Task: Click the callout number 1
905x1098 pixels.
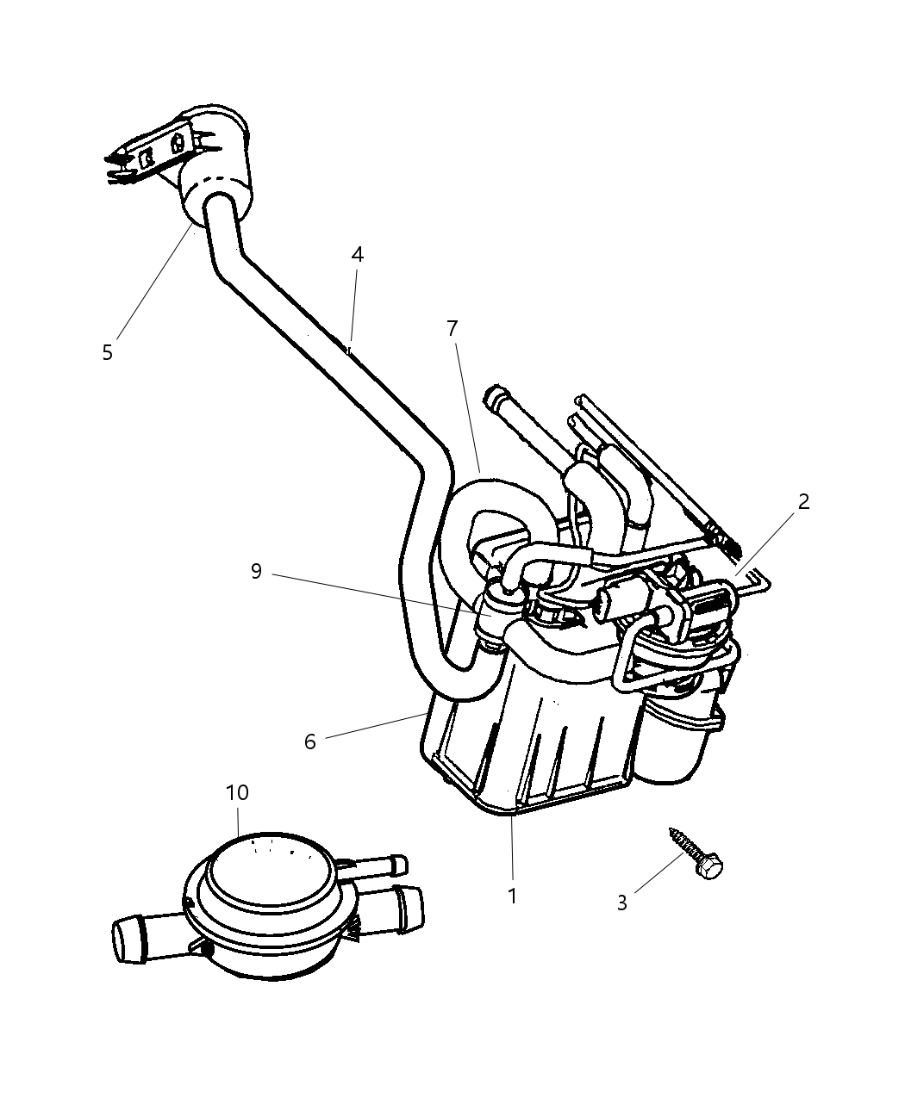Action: [512, 896]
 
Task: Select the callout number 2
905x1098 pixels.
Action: [803, 501]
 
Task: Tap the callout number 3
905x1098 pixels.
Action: [621, 903]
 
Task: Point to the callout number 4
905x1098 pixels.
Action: [357, 254]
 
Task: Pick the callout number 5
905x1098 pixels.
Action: [107, 352]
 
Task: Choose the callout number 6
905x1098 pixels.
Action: [310, 741]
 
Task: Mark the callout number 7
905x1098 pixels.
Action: [452, 328]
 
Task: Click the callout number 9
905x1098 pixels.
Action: [256, 571]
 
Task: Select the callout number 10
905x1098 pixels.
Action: [237, 792]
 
